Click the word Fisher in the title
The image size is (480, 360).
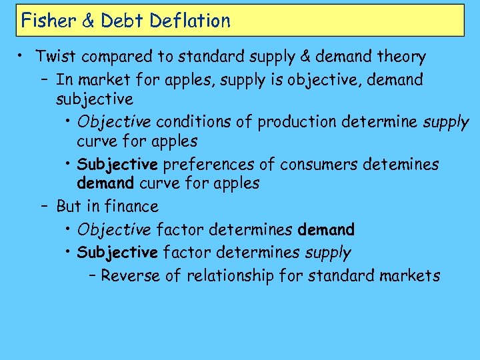(45, 21)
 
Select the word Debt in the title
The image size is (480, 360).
(123, 21)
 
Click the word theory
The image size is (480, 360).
(401, 57)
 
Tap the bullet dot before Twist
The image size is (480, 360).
(21, 57)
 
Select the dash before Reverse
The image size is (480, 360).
(93, 275)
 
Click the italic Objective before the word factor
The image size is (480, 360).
(113, 230)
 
